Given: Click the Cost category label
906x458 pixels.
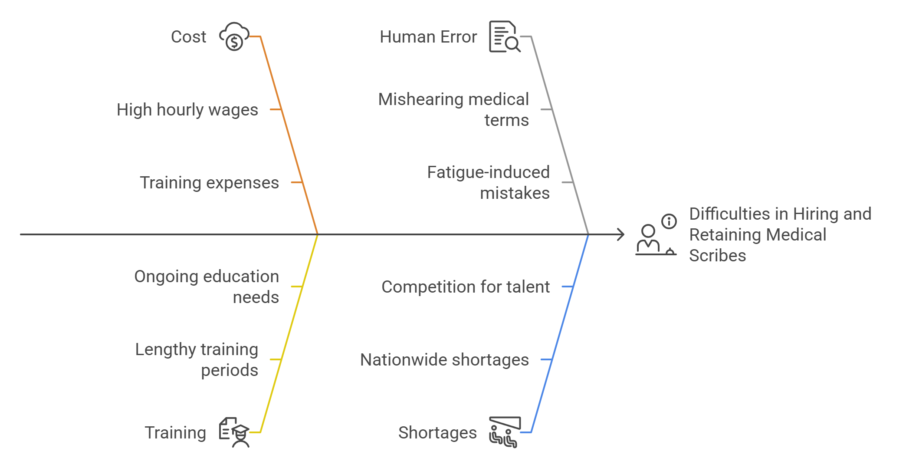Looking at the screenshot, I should (x=188, y=37).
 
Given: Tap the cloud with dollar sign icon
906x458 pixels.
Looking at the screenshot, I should (x=234, y=37).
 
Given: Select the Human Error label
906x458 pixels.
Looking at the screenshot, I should (x=428, y=37).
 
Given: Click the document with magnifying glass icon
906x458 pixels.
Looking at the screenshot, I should (x=505, y=37).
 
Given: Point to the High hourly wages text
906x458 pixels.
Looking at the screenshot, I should (x=187, y=110).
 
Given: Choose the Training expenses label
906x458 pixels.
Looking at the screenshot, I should (x=209, y=183).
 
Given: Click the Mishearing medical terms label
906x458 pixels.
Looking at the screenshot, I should (x=453, y=110).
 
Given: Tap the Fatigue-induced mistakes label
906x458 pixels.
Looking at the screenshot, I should (x=488, y=183).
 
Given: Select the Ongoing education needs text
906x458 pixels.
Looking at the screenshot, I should (x=207, y=287).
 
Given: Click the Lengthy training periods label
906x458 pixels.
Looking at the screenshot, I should (x=197, y=360).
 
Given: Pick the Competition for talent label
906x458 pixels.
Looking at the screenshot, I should (x=466, y=287).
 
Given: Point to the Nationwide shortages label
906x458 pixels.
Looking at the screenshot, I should (x=444, y=360).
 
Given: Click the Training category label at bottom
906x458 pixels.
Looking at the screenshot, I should (x=175, y=433).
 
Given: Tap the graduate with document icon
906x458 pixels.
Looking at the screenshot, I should (x=234, y=432).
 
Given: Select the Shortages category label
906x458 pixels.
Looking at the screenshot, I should (x=437, y=433).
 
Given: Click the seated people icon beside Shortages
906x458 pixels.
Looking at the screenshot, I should (x=504, y=432).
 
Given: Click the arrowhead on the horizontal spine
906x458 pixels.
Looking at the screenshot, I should (x=621, y=235).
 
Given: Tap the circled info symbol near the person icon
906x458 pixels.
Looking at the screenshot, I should (x=669, y=221).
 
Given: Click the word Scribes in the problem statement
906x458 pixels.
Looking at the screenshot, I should (x=718, y=256).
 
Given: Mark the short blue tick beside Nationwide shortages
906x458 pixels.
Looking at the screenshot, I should (x=546, y=360).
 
